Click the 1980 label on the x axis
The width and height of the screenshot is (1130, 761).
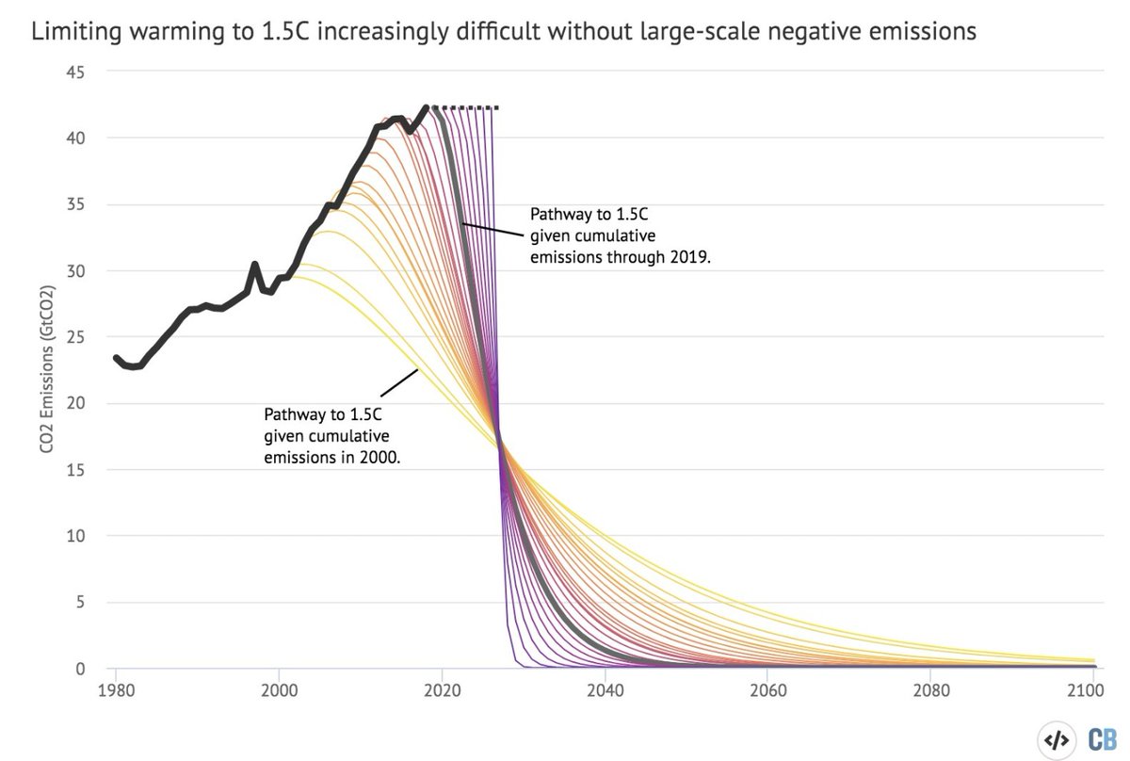[116, 689]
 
